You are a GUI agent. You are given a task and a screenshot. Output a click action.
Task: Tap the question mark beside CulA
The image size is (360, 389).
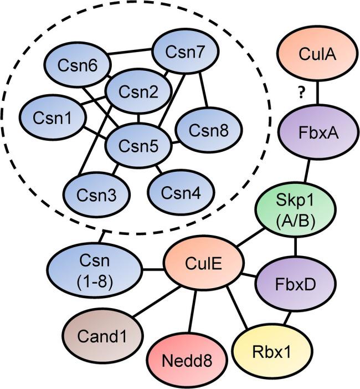pyautogui.click(x=301, y=93)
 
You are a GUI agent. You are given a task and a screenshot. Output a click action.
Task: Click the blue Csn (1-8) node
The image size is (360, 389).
pyautogui.click(x=95, y=269)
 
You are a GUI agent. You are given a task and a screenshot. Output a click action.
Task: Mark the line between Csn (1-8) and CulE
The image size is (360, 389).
pyautogui.click(x=153, y=270)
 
